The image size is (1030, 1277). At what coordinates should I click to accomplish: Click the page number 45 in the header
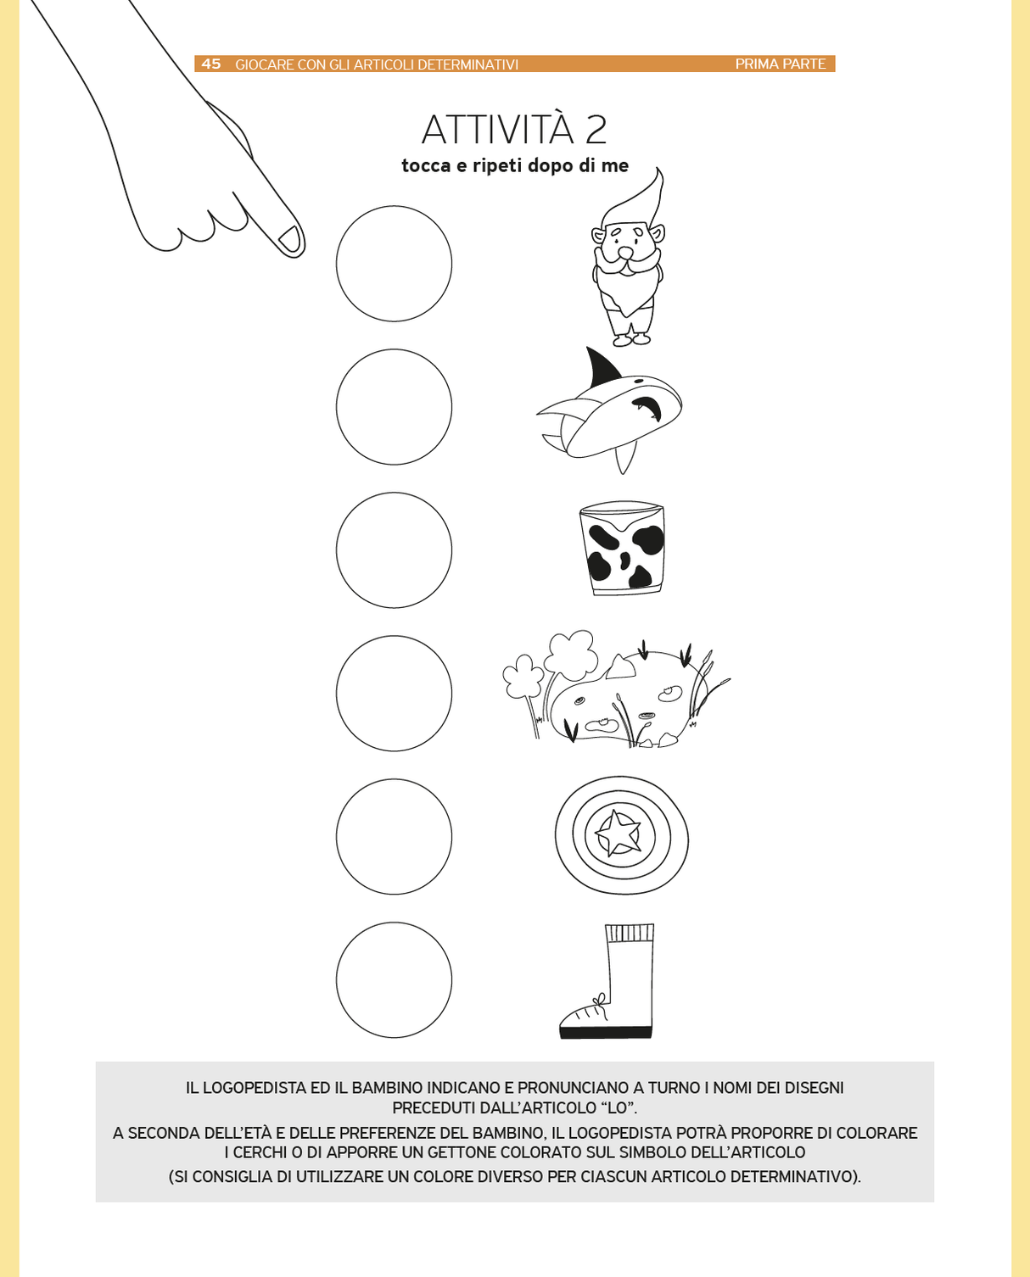click(x=210, y=64)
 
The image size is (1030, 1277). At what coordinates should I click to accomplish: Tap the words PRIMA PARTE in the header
click(x=780, y=64)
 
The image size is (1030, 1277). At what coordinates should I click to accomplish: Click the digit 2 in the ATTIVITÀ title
click(x=596, y=130)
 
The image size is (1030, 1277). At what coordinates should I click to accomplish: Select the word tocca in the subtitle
click(x=426, y=165)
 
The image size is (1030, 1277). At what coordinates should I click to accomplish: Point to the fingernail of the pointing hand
click(x=290, y=238)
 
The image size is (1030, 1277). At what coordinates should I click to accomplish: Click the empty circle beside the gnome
click(x=394, y=264)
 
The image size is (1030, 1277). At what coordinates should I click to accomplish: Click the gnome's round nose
click(x=625, y=254)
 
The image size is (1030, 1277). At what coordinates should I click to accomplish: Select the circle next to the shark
click(x=394, y=407)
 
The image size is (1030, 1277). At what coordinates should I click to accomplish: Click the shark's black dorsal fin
click(x=601, y=366)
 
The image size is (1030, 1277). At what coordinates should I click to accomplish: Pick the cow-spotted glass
click(x=622, y=547)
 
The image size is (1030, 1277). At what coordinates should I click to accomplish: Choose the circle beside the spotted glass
click(x=394, y=550)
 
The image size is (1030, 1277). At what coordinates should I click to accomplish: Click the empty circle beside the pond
click(x=394, y=693)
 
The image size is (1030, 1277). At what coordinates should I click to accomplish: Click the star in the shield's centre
click(x=618, y=833)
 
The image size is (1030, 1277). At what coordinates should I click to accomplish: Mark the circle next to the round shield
click(x=394, y=837)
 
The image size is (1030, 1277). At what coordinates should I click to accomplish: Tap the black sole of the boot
click(x=606, y=1033)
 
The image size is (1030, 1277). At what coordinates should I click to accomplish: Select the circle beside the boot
click(x=394, y=979)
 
